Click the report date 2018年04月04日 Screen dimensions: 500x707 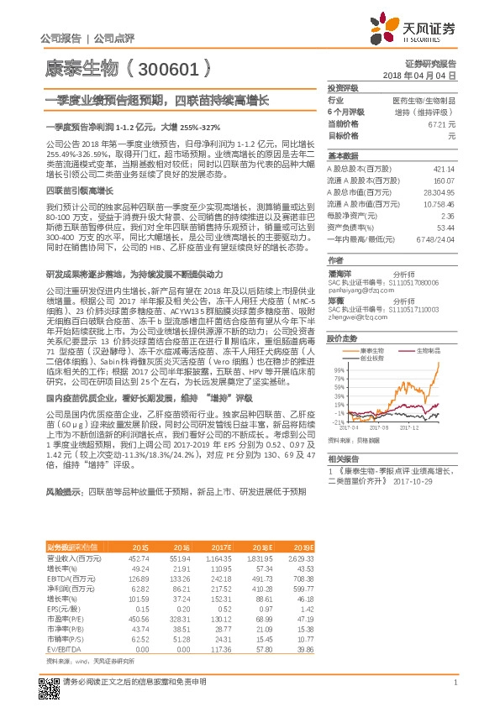pos(430,75)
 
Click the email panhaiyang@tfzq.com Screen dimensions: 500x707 pos(355,291)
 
